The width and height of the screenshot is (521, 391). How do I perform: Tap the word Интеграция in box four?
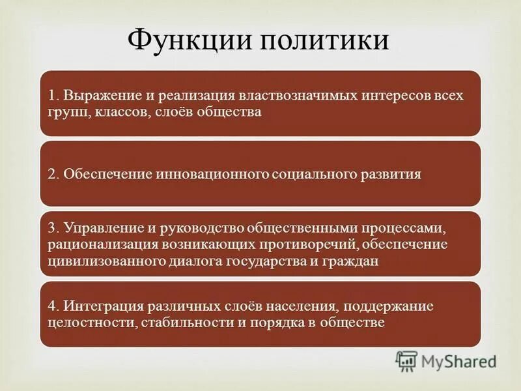(x=101, y=306)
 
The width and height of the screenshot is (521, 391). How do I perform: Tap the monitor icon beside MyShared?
(x=406, y=360)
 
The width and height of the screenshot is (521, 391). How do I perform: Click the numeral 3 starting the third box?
(x=52, y=228)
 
